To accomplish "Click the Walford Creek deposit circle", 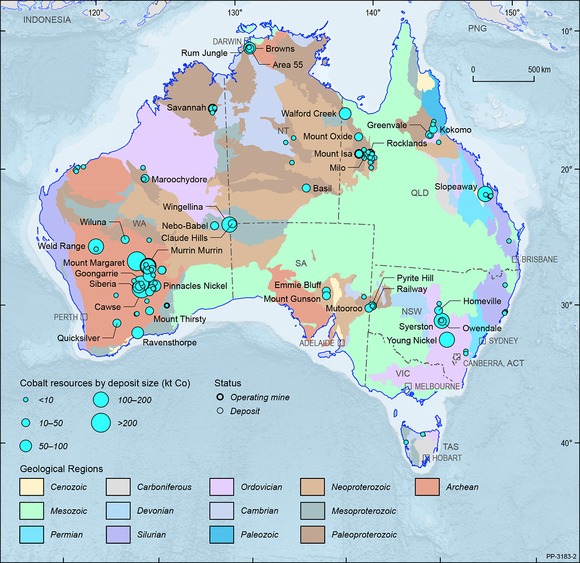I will tap(345, 114).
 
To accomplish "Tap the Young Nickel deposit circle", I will tap(447, 340).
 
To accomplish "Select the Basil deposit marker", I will tap(306, 188).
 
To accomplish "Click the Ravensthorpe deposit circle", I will tap(137, 332).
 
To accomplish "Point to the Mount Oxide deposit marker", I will tap(359, 137).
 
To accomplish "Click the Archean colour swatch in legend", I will tap(427, 487).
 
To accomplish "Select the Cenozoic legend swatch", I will tap(31, 487).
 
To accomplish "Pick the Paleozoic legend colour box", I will tap(222, 534).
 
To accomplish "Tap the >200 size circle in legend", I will tap(101, 423).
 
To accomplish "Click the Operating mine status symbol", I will tap(220, 397).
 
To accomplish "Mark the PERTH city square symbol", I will tap(84, 317).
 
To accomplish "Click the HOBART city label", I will tap(447, 458).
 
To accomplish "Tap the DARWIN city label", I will tap(227, 42).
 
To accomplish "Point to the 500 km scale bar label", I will tap(539, 70).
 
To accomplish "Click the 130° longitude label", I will tap(235, 12).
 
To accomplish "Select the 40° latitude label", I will tap(566, 443).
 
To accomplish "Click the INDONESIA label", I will tap(47, 20).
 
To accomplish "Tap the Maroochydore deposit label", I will tap(179, 179).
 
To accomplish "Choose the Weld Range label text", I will tap(61, 246).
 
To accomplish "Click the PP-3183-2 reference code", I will tap(562, 556).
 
